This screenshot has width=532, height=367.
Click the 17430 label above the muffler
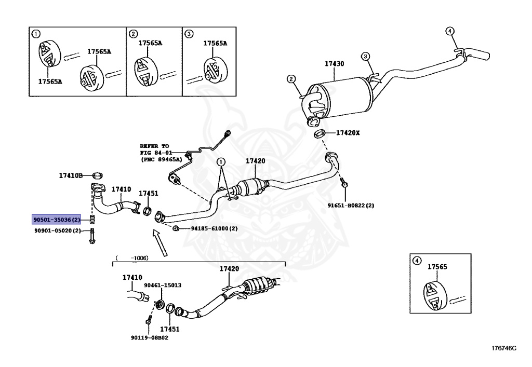(334, 63)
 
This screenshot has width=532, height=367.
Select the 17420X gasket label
(348, 133)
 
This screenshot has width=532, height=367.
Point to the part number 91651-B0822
(351, 206)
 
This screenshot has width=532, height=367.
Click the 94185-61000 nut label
(206, 228)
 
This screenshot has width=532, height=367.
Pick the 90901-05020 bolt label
(58, 230)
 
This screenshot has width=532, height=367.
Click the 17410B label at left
(71, 175)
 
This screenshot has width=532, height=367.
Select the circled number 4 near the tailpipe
(450, 31)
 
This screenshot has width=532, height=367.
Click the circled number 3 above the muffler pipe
(365, 56)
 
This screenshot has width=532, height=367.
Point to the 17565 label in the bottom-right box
(437, 267)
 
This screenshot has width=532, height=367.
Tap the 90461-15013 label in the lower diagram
(163, 285)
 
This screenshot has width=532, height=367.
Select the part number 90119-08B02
(149, 337)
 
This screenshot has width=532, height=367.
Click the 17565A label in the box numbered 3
(215, 44)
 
